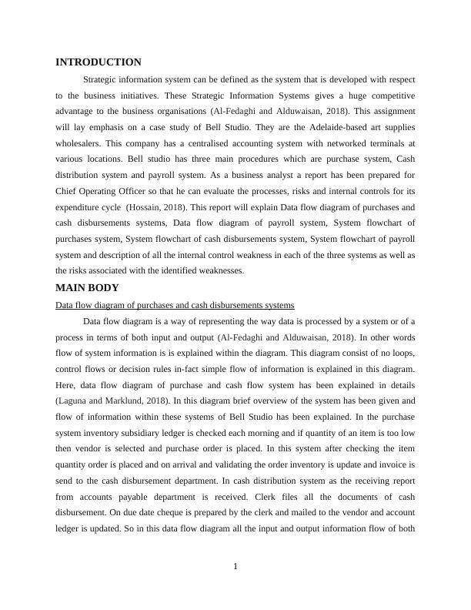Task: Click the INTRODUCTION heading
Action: (99, 62)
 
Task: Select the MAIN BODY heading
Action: (87, 288)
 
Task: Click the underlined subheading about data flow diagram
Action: (175, 305)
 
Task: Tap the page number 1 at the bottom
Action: (235, 568)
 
